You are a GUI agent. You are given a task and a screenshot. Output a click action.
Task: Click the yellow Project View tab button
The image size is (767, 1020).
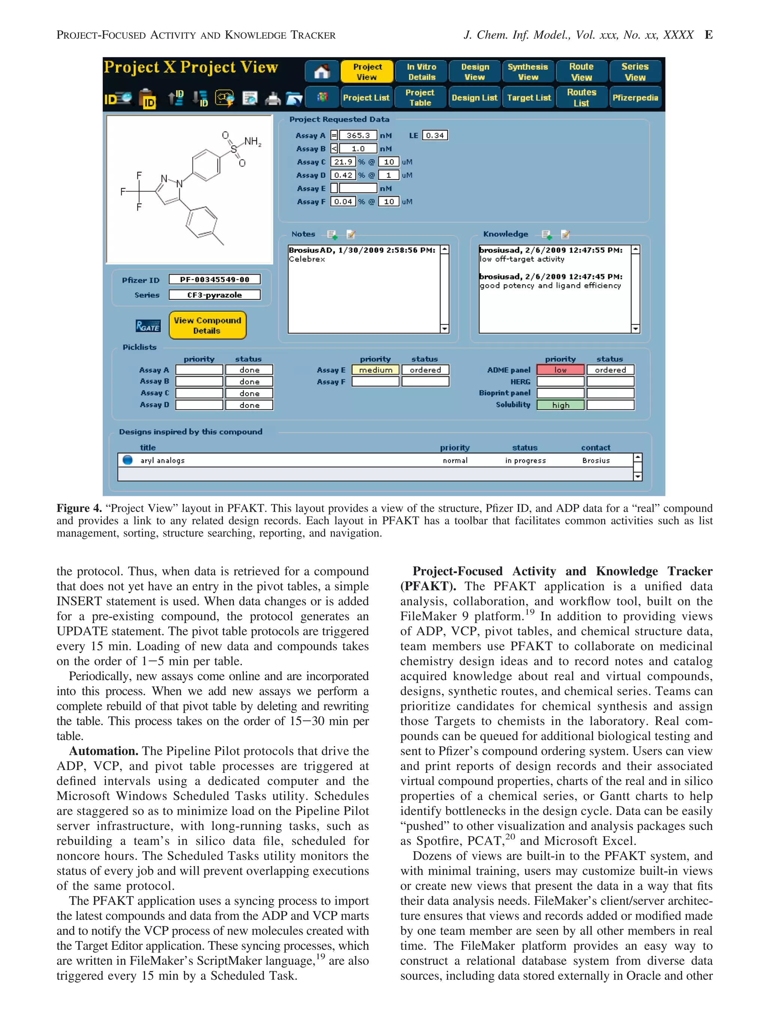pos(367,72)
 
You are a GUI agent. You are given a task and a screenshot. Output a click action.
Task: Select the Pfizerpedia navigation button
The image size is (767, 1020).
pos(635,97)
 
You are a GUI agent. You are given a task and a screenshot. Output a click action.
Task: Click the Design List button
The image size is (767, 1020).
pos(474,97)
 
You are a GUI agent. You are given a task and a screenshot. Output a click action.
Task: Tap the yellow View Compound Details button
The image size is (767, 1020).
pos(207,325)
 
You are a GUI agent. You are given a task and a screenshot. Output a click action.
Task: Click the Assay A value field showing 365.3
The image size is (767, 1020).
pos(358,136)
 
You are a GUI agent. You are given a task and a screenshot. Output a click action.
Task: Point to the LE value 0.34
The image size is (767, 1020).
pos(435,136)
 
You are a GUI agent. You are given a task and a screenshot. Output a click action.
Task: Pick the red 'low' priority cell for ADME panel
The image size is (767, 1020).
pos(560,370)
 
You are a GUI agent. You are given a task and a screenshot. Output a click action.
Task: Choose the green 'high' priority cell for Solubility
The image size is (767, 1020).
pos(560,405)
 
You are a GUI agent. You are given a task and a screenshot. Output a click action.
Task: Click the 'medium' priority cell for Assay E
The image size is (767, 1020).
pos(375,370)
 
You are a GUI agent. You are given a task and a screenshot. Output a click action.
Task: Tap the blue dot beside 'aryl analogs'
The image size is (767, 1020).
pos(128,460)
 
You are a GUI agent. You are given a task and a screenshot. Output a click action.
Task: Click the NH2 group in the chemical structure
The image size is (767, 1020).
pos(252,141)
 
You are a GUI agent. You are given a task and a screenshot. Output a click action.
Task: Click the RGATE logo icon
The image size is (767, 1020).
pos(148,326)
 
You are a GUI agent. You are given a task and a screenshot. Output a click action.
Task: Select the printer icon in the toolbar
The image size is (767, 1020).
pos(273,98)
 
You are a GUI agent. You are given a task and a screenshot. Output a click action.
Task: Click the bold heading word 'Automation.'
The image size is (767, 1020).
pos(104,751)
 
